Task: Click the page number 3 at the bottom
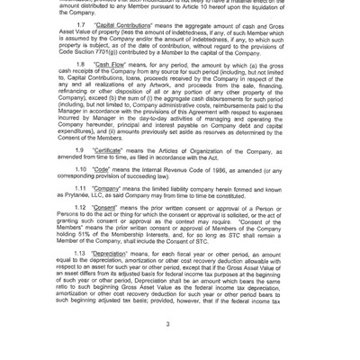[180, 324]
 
